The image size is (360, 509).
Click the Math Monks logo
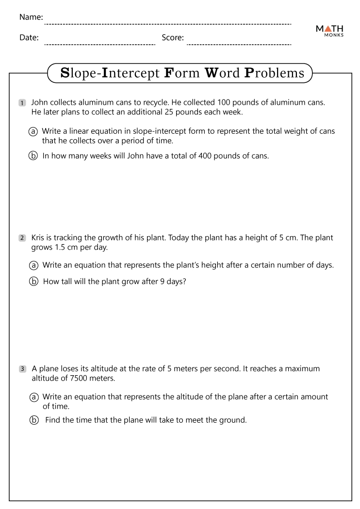329,32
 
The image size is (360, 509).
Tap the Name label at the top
31,17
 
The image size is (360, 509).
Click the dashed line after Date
99,44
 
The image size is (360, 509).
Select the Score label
173,37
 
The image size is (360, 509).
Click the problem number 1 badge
22,103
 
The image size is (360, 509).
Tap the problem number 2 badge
22,238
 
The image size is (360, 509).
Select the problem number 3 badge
22,369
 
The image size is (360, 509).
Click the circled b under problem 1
33,156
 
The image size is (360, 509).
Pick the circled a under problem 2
33,265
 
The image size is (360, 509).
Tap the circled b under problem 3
33,420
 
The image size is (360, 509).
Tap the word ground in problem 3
233,420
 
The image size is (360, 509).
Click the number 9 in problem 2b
163,281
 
